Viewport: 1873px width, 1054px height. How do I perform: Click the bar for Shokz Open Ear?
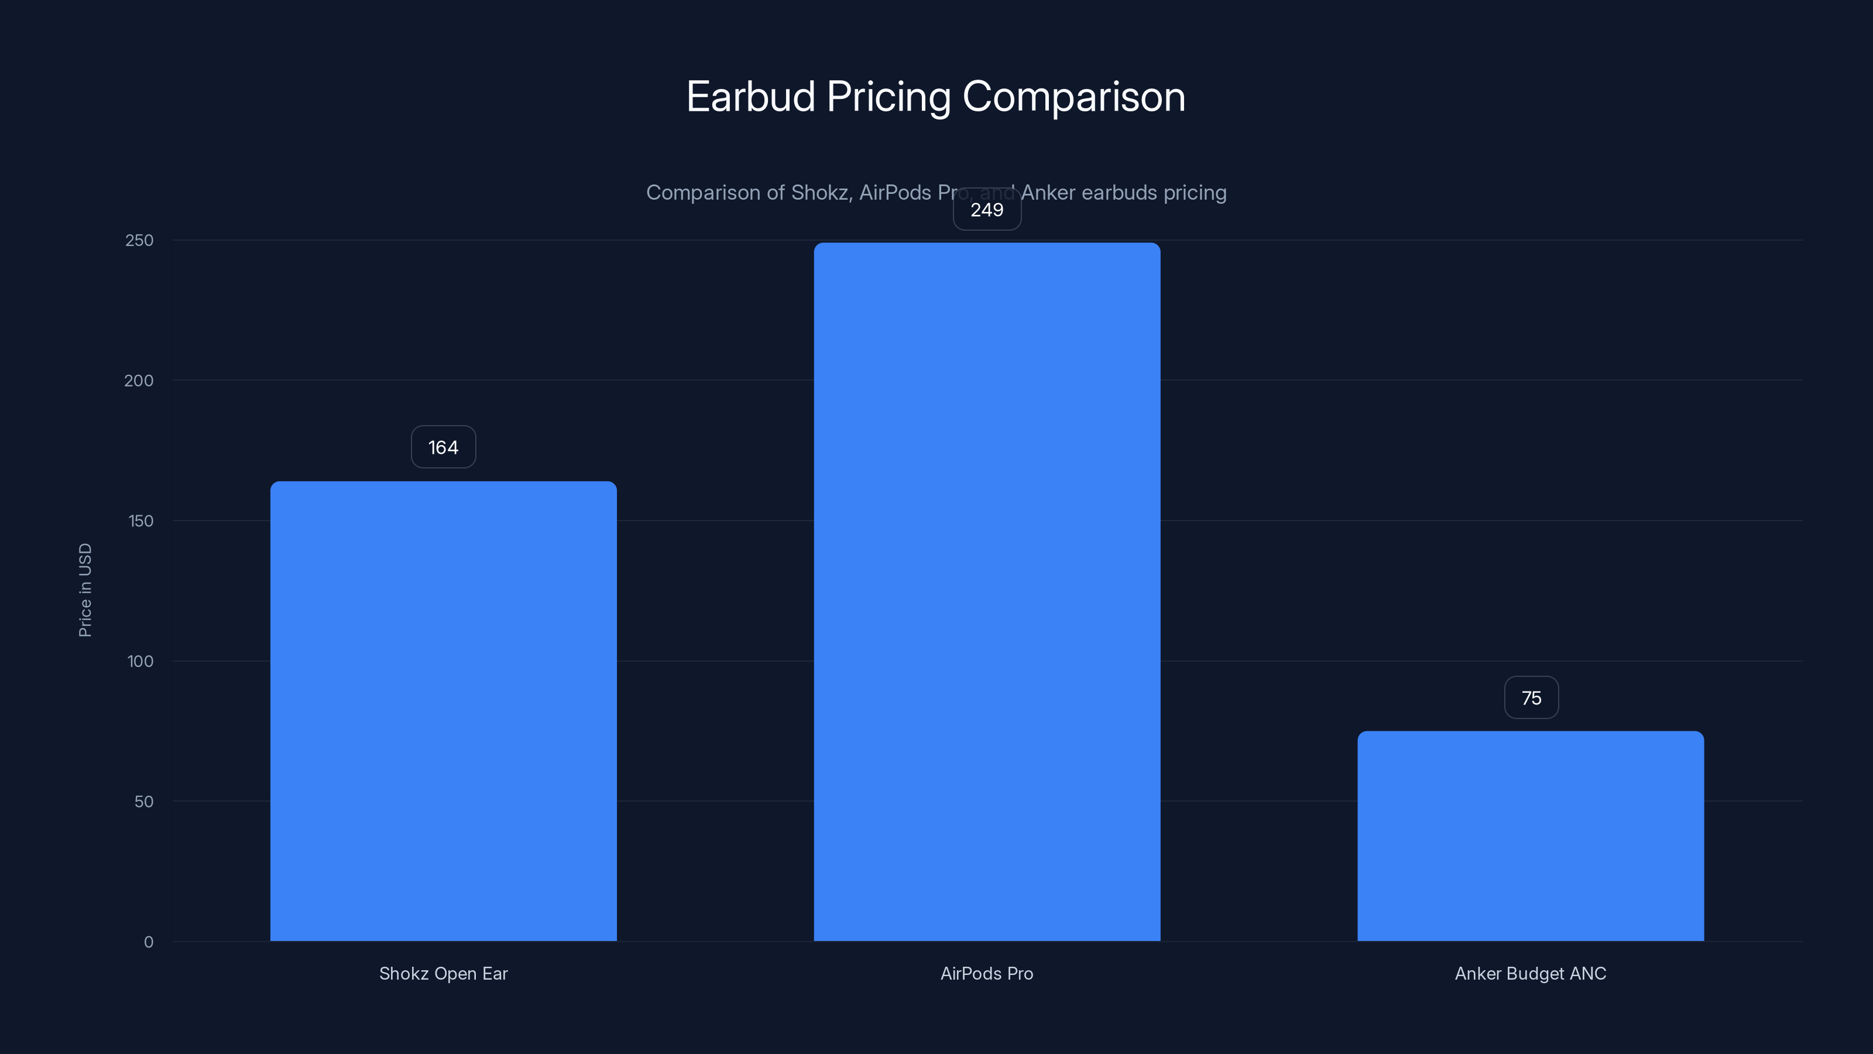[444, 711]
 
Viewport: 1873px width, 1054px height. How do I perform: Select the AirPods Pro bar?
[987, 591]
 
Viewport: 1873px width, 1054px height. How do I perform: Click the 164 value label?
[444, 447]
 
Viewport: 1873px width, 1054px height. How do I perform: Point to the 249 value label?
[987, 210]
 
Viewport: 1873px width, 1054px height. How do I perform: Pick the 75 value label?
[1531, 699]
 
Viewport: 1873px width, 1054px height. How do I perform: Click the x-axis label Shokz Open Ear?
[444, 973]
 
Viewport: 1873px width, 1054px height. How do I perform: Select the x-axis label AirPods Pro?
[987, 973]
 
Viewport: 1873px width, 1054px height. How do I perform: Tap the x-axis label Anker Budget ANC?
[1531, 973]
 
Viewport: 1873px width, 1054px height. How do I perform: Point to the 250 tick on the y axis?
[140, 241]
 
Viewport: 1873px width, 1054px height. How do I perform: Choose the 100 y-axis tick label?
[140, 662]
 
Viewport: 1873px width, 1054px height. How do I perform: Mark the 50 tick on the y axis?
[144, 802]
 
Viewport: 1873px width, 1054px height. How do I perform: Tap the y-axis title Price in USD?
[85, 590]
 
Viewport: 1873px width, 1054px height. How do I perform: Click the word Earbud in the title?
[750, 97]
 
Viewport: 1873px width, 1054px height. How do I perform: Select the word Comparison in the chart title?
[1073, 97]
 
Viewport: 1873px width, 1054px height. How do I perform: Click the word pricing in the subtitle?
[1195, 193]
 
